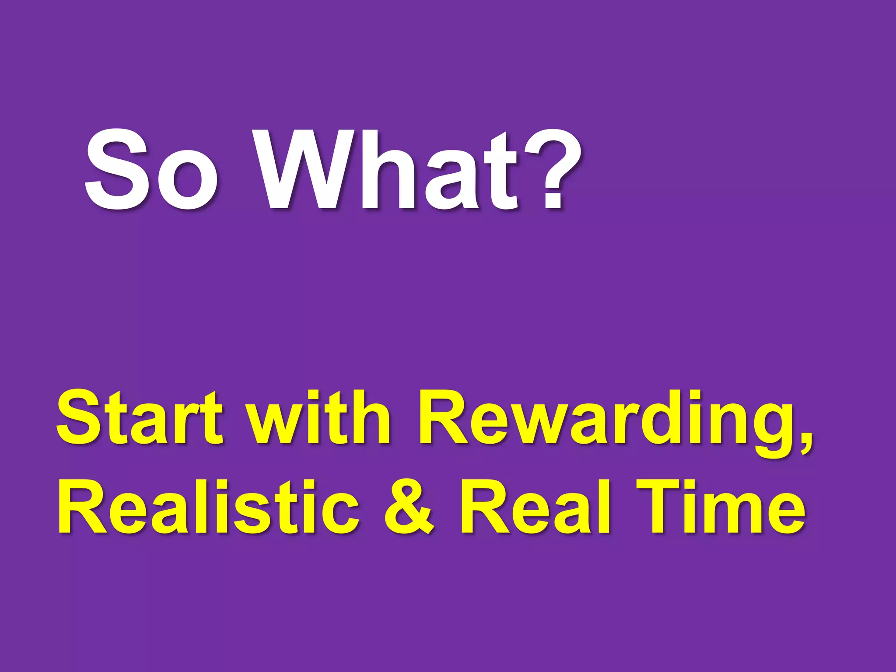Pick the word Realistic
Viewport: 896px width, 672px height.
pos(208,507)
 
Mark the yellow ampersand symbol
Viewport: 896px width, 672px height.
pos(409,507)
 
